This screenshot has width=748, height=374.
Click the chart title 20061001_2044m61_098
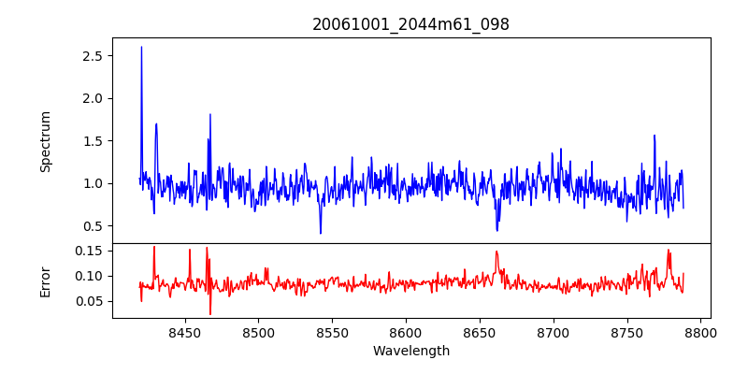click(x=410, y=25)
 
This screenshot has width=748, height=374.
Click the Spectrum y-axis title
click(x=45, y=141)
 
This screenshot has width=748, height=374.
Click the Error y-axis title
click(x=45, y=280)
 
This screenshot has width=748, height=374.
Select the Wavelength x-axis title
click(x=410, y=352)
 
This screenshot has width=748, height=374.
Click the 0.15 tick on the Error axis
click(x=87, y=251)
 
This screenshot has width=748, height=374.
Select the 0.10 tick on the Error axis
click(x=87, y=276)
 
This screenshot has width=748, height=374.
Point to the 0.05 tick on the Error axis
click(x=87, y=301)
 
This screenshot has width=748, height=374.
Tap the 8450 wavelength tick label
click(x=184, y=332)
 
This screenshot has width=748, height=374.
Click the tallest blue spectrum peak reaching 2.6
click(x=141, y=48)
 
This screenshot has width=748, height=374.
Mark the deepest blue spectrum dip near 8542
click(x=321, y=233)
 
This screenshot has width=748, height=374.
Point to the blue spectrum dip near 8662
click(x=497, y=230)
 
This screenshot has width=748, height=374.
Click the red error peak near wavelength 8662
click(x=497, y=252)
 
